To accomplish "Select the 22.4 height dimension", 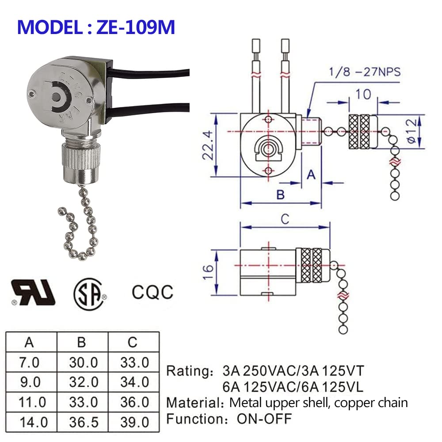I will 210,145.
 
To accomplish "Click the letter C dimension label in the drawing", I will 285,218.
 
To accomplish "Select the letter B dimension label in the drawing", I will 280,194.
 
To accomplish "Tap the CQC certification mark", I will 152,292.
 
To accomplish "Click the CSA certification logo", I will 88,294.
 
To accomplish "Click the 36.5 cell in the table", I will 83,422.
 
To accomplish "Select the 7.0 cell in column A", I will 30,363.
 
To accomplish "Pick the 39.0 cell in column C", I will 134,422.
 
